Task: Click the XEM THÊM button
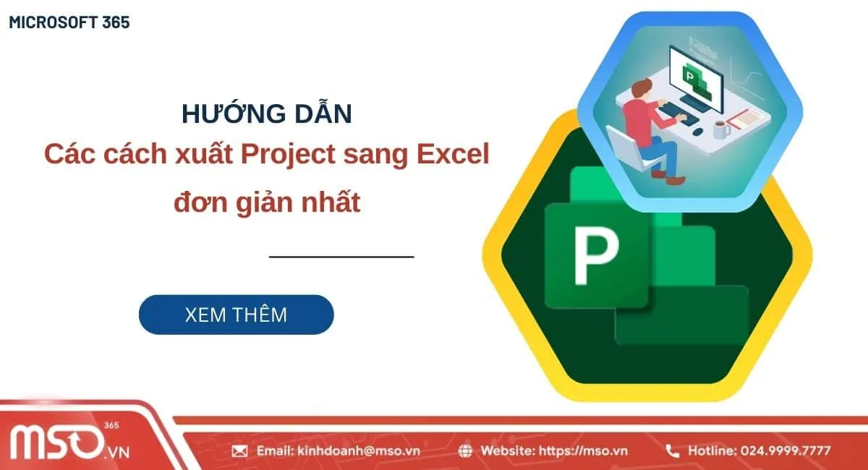point(236,315)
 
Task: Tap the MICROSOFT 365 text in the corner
point(69,22)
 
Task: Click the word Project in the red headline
point(291,154)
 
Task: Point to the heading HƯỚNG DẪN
point(266,114)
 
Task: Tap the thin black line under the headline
point(341,256)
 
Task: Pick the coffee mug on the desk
point(720,129)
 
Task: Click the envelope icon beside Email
point(239,451)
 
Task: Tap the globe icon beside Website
point(467,451)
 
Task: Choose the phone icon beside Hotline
point(672,451)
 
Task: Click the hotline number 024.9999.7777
point(785,451)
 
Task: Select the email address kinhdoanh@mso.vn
point(358,451)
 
